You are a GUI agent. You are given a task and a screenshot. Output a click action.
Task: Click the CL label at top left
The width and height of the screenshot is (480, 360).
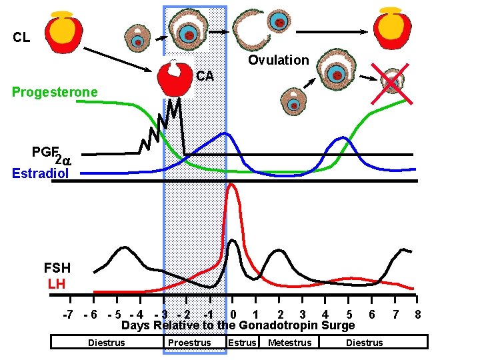[x=21, y=37]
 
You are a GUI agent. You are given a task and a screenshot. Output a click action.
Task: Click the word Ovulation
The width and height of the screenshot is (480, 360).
[x=279, y=60]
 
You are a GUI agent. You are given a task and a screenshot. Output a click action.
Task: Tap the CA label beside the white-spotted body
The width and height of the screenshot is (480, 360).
[x=205, y=76]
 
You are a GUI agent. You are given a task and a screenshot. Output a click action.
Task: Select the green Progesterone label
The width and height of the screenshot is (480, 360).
[x=55, y=92]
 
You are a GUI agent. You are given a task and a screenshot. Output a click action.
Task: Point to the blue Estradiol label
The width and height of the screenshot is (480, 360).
[x=40, y=173]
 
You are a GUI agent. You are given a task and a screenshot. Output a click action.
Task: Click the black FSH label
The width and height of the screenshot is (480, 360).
[x=57, y=269]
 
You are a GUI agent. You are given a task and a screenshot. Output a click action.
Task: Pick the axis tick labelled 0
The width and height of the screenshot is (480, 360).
[x=233, y=314]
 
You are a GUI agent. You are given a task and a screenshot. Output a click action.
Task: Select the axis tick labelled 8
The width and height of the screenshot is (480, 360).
[x=417, y=314]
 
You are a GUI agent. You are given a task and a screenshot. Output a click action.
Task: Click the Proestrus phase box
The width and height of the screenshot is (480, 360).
[x=189, y=343]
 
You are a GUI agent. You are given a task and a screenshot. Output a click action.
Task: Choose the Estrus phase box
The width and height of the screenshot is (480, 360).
[x=242, y=343]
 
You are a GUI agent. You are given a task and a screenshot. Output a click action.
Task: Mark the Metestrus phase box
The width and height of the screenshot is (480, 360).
[x=289, y=343]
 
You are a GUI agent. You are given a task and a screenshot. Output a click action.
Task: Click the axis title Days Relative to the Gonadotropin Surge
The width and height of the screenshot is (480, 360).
[x=238, y=325]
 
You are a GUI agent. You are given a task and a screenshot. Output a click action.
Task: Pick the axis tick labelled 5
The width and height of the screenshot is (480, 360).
[x=349, y=314]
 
